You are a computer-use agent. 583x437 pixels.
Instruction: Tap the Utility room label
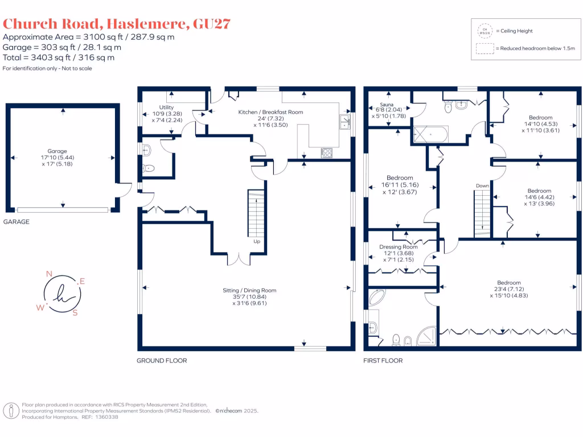click(166, 107)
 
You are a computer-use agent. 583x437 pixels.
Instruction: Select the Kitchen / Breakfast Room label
click(270, 112)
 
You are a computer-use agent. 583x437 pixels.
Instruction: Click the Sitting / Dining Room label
click(249, 290)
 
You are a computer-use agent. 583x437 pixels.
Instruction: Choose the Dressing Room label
click(399, 247)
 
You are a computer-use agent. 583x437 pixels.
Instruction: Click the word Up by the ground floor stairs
click(256, 241)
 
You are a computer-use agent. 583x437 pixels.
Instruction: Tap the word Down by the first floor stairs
click(482, 186)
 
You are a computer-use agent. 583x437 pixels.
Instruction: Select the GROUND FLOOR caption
click(162, 360)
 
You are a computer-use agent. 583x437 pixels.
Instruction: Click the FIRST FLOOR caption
click(383, 360)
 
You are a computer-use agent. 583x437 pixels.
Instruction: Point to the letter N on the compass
click(49, 274)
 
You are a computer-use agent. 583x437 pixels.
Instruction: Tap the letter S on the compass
click(75, 312)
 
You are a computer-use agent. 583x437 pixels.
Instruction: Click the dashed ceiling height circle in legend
click(485, 31)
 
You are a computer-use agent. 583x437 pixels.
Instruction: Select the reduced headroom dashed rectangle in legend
click(485, 48)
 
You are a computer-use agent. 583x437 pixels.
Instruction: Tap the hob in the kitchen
click(327, 152)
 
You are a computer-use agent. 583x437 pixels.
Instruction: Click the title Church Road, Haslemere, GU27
click(117, 24)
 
